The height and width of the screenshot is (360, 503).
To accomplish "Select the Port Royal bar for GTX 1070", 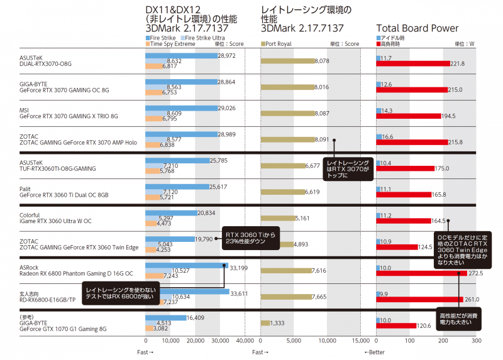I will (x=265, y=323).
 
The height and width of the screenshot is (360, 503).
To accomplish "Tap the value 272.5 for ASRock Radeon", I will (x=475, y=274).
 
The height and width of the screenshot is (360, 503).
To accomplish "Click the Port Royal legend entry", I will (x=279, y=44).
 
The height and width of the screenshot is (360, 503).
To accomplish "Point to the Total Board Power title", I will (x=417, y=28).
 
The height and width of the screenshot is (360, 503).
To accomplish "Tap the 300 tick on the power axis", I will (x=477, y=341).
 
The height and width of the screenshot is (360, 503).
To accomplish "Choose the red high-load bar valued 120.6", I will (x=396, y=325).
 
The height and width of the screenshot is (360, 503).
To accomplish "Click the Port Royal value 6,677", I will (x=312, y=166).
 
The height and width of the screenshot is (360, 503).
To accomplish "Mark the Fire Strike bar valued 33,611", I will (x=187, y=292).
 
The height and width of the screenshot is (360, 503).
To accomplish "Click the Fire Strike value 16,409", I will (x=197, y=318).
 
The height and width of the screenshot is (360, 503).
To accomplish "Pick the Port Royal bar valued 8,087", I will (x=287, y=114).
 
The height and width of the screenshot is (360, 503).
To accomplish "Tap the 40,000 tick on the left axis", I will (x=245, y=341).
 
